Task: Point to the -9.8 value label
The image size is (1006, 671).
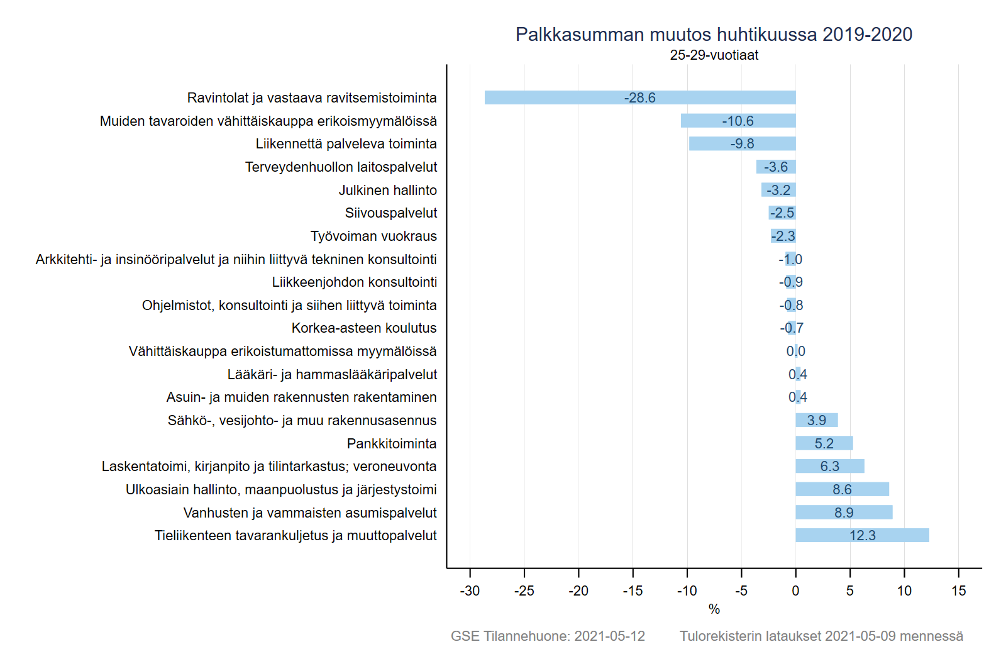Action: click(x=742, y=144)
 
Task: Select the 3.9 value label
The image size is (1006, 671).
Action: click(x=816, y=420)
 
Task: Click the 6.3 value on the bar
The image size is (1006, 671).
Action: click(x=829, y=467)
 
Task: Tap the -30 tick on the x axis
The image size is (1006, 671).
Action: click(x=470, y=591)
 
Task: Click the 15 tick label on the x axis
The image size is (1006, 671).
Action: click(x=958, y=591)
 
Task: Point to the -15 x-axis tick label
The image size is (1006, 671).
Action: click(x=633, y=591)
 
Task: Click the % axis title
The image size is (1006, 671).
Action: click(x=714, y=609)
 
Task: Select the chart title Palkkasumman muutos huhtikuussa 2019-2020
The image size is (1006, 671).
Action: click(x=714, y=35)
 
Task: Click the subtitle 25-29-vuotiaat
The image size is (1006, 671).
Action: click(x=714, y=55)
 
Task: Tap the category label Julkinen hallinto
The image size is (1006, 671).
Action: click(x=387, y=190)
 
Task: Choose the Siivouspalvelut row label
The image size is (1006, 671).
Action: click(x=390, y=213)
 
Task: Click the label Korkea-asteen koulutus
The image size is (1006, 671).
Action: click(x=363, y=328)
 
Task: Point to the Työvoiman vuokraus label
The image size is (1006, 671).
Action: click(x=373, y=236)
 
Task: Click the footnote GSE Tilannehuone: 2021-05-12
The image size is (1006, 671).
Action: click(x=548, y=636)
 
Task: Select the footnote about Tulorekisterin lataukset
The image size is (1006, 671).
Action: click(x=821, y=636)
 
